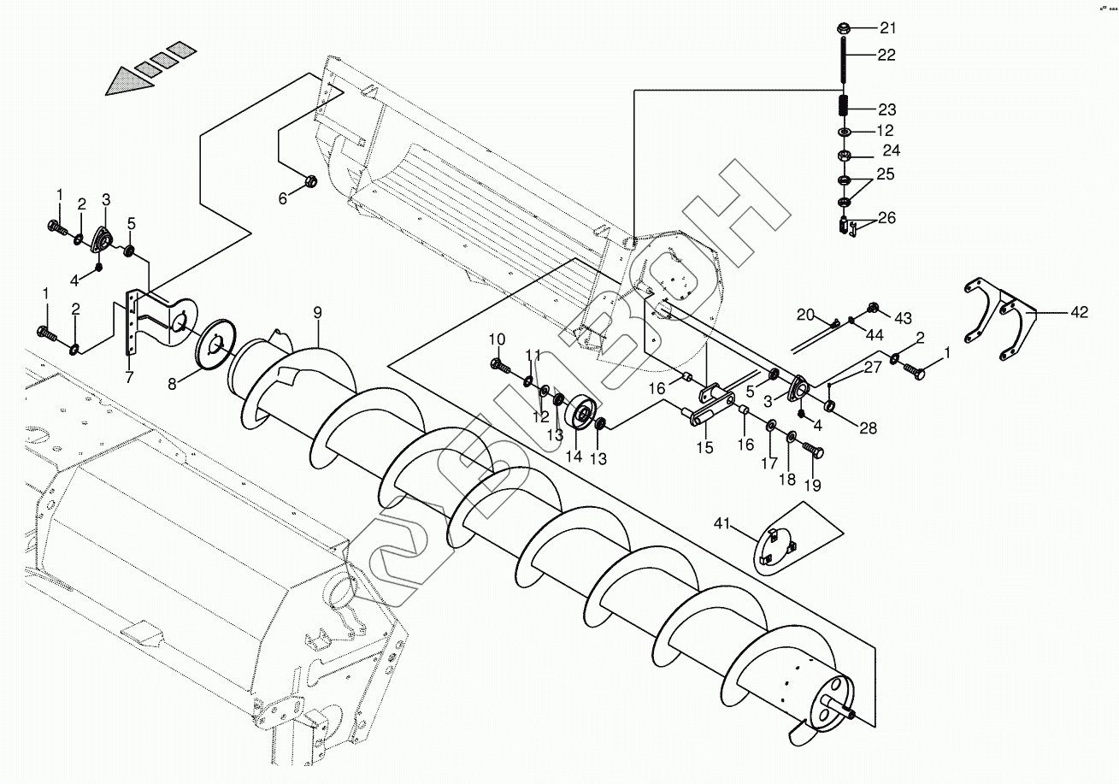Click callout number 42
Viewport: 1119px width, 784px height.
(1079, 313)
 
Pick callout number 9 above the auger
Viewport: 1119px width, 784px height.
(317, 313)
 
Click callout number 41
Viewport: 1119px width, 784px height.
(722, 524)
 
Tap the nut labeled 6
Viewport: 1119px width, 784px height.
(312, 181)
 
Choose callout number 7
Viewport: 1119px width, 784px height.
(129, 377)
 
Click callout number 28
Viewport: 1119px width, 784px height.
(868, 429)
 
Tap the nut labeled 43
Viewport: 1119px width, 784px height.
(873, 307)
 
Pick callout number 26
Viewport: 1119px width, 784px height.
(886, 218)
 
